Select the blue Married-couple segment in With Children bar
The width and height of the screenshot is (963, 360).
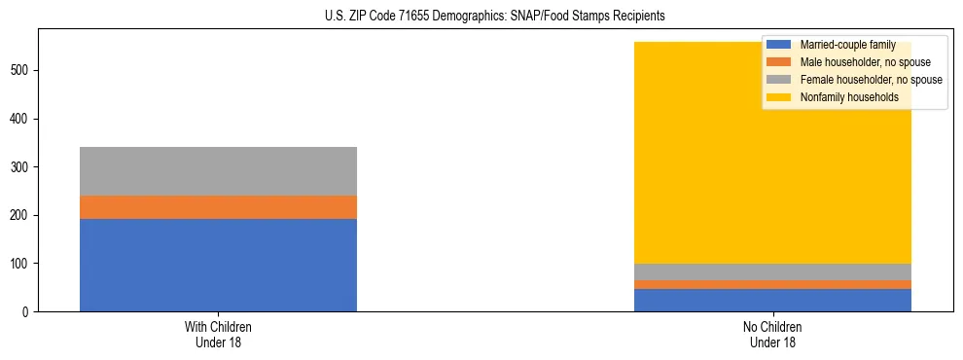pos(218,265)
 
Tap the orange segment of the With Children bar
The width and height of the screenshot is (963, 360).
pos(218,207)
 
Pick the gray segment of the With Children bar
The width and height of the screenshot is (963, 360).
pos(218,171)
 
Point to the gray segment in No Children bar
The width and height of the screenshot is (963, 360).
pos(772,272)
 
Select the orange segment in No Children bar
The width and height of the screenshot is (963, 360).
pos(772,285)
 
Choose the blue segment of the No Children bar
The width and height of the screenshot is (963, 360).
pos(772,300)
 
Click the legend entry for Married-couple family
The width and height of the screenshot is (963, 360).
pos(847,45)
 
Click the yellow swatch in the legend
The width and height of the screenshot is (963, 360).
pos(779,97)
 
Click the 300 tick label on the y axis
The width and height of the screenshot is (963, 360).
pos(21,167)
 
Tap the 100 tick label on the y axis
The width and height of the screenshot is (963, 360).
pos(21,264)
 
